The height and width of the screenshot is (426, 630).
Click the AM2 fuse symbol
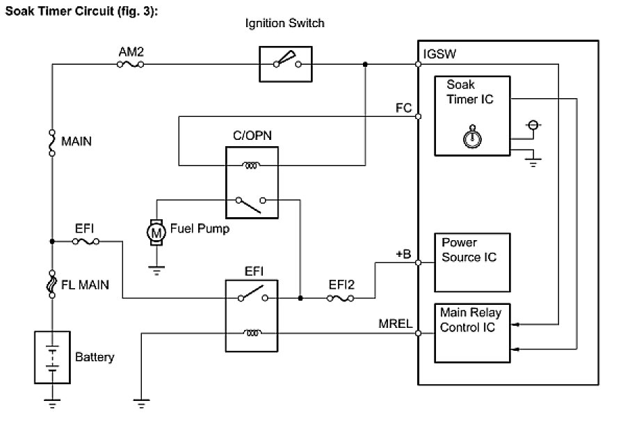pos(130,65)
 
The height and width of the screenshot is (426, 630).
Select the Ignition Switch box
pos(286,65)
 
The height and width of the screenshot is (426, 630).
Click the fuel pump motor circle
pos(156,232)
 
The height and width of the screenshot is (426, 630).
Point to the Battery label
pos(95,358)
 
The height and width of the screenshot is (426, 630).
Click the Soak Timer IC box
pos(472,114)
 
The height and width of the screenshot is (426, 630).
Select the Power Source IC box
pos(471,262)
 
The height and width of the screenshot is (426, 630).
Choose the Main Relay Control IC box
pos(471,329)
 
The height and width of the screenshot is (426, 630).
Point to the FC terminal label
pos(403,108)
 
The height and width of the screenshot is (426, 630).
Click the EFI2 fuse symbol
pos(340,298)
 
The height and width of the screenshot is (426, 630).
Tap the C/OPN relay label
pos(251,137)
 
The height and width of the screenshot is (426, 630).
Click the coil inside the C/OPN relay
pos(251,166)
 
